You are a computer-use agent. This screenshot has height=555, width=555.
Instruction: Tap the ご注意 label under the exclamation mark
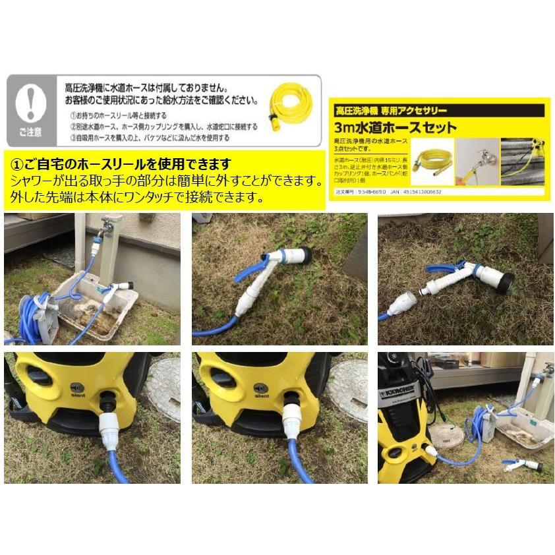click(x=31, y=132)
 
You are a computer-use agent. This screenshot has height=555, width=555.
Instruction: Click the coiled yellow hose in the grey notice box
click(x=289, y=105)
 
